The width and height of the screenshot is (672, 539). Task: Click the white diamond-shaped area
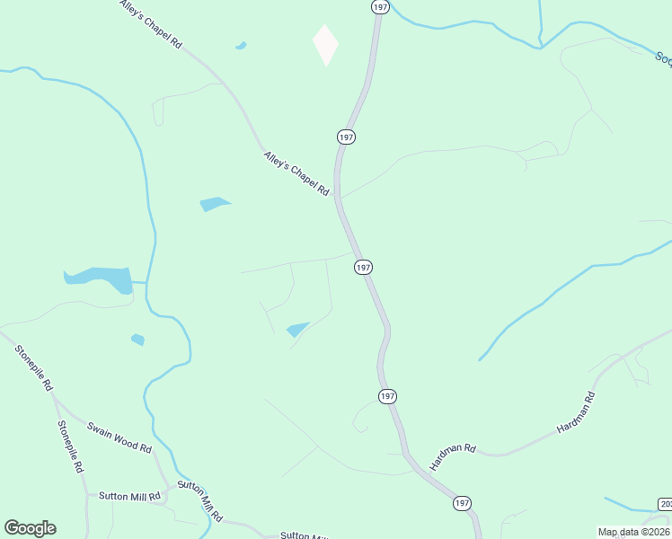(x=325, y=44)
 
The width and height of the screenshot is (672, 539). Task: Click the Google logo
(x=30, y=528)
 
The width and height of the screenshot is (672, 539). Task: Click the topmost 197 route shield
(x=380, y=6)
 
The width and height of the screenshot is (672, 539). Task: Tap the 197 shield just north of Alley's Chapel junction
(x=347, y=137)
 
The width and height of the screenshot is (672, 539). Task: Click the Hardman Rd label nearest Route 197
(x=451, y=457)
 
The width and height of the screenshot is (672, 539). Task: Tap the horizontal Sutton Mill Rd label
(x=129, y=496)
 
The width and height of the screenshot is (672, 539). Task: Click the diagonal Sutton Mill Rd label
(x=199, y=499)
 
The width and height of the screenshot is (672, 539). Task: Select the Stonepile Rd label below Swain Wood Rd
(x=70, y=446)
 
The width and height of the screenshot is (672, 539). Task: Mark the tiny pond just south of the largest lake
(x=137, y=340)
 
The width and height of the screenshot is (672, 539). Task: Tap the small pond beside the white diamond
(x=241, y=45)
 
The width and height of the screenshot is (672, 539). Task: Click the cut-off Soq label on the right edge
(x=663, y=58)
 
